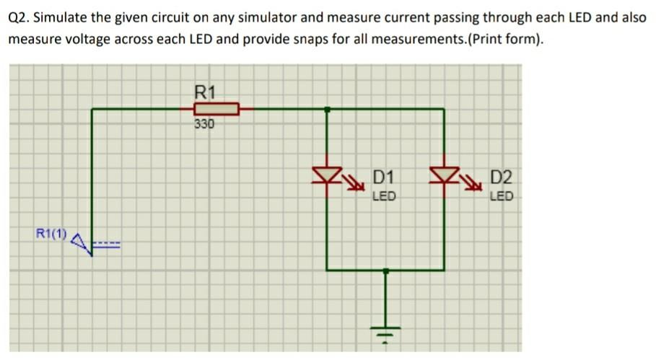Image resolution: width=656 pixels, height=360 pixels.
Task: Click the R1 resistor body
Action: [216, 110]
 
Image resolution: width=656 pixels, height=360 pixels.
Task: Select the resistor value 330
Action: [204, 124]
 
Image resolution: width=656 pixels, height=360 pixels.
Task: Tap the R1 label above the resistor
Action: [206, 92]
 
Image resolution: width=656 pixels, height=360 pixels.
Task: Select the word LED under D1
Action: [384, 196]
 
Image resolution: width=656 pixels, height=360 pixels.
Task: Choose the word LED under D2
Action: [501, 196]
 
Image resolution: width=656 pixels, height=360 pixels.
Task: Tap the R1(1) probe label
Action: [51, 234]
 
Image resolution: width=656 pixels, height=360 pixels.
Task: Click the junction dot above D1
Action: [328, 110]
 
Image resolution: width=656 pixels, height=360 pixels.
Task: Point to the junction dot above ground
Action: [386, 271]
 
